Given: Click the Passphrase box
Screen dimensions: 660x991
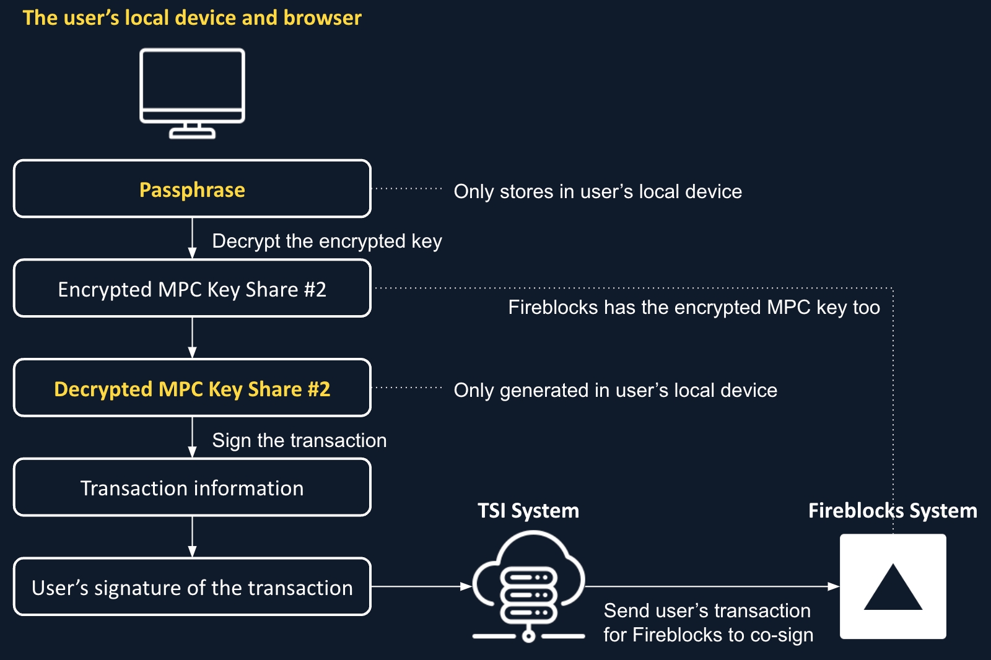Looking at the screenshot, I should click(192, 189).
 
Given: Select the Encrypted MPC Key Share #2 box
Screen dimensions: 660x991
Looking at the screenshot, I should click(192, 289).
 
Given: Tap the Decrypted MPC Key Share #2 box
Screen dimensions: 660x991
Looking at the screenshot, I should click(192, 388).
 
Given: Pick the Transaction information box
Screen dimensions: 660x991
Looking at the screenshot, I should click(192, 488).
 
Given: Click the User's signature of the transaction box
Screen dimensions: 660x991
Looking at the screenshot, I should click(192, 587).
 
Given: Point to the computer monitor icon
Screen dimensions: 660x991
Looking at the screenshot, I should click(192, 93).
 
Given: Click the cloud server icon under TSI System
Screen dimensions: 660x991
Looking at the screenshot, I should click(528, 585).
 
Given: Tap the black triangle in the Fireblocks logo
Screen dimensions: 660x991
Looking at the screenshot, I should click(893, 588).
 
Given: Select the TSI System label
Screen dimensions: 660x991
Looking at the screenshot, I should click(528, 511).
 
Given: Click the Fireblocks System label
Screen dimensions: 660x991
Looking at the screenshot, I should click(893, 511).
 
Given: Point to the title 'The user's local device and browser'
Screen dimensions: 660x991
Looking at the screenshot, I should click(192, 18).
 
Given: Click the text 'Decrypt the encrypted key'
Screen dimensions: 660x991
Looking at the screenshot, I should click(327, 241).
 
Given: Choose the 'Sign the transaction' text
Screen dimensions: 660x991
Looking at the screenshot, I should click(299, 440).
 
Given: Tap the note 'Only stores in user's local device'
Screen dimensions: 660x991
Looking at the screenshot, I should click(598, 191).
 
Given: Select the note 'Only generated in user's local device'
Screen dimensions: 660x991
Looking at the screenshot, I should click(615, 390).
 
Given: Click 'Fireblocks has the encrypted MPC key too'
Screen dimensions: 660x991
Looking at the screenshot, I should click(694, 307).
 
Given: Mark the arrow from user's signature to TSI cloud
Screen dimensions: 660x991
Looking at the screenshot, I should click(421, 586).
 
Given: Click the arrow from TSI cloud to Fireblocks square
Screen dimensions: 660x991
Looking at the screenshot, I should click(712, 586).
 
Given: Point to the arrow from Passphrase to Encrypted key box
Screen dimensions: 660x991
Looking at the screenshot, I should click(192, 238).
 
